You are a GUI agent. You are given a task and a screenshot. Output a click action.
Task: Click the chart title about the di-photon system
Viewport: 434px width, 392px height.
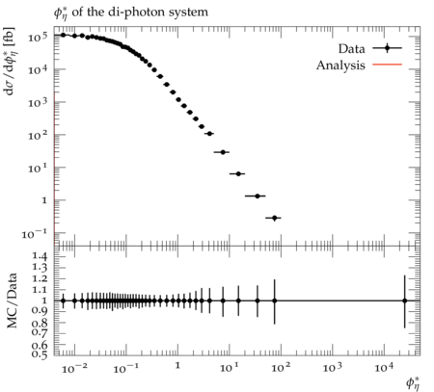(x=131, y=13)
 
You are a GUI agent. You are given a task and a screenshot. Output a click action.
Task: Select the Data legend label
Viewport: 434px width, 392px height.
(x=352, y=49)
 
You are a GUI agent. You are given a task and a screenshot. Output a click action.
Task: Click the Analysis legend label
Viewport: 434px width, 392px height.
(x=340, y=65)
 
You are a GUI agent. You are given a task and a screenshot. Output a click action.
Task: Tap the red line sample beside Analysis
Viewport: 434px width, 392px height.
(x=387, y=65)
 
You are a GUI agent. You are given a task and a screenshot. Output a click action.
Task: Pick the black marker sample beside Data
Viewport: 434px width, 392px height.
(x=387, y=48)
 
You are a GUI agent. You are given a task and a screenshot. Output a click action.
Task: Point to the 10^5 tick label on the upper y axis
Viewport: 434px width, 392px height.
(x=38, y=37)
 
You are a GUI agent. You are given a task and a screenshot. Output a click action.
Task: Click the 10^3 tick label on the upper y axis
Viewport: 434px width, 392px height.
(x=38, y=103)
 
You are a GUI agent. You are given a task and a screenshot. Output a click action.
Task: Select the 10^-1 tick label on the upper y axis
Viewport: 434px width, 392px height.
(x=35, y=234)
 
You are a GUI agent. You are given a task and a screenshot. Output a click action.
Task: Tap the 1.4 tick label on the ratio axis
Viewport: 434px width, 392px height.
(x=40, y=256)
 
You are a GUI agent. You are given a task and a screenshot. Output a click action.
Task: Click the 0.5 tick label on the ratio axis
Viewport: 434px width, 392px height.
(x=40, y=354)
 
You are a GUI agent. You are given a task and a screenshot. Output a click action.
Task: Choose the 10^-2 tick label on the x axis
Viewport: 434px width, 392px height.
(x=74, y=368)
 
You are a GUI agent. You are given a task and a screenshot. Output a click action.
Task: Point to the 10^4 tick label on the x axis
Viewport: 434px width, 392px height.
(x=384, y=368)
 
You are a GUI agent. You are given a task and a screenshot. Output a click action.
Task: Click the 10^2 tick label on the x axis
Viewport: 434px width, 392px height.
(x=281, y=368)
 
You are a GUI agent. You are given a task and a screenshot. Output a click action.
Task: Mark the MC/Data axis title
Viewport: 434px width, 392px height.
(x=12, y=301)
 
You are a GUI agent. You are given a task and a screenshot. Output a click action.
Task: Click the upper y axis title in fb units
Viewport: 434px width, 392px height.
(x=10, y=61)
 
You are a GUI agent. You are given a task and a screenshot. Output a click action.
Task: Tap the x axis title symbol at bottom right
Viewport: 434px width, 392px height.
(x=413, y=383)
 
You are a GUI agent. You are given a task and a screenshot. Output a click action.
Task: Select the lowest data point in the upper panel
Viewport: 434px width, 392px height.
(x=274, y=218)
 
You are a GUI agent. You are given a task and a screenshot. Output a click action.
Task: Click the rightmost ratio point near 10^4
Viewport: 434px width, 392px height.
(x=405, y=301)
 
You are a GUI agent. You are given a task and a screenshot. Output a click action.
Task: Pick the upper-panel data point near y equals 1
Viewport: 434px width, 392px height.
(x=258, y=196)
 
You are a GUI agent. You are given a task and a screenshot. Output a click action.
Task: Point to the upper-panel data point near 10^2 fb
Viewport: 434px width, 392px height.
(x=209, y=134)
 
